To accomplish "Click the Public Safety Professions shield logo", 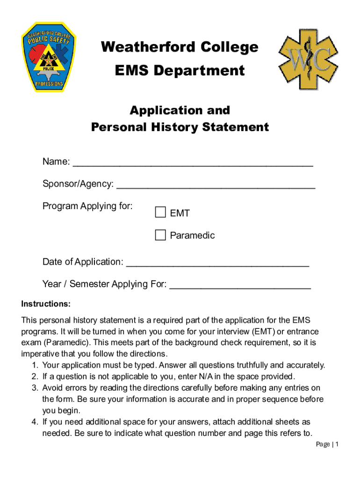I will coord(49,56).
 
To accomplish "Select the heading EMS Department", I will coord(180,71).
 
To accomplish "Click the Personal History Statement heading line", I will coord(180,127).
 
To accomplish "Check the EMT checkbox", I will coord(160,213).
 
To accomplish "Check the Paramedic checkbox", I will coord(160,235).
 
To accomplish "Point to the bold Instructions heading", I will coord(46,304).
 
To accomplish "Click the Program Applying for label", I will coord(87,206).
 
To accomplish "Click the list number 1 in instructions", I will coord(35,365).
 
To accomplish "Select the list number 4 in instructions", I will coord(35,422).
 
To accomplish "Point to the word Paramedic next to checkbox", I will coord(192,235).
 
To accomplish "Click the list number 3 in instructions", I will coord(35,388).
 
